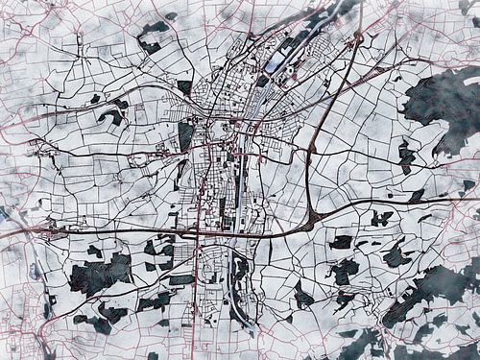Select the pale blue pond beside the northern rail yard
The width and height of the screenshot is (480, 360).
275,64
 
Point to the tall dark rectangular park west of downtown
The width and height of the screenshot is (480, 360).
186,135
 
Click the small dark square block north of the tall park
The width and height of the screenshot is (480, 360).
184,86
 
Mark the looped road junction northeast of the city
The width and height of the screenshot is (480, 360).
357,38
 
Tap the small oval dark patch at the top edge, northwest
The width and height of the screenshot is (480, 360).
170,16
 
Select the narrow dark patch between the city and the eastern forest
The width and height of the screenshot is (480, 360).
406,156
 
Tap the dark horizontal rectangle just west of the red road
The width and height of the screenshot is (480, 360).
181,279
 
